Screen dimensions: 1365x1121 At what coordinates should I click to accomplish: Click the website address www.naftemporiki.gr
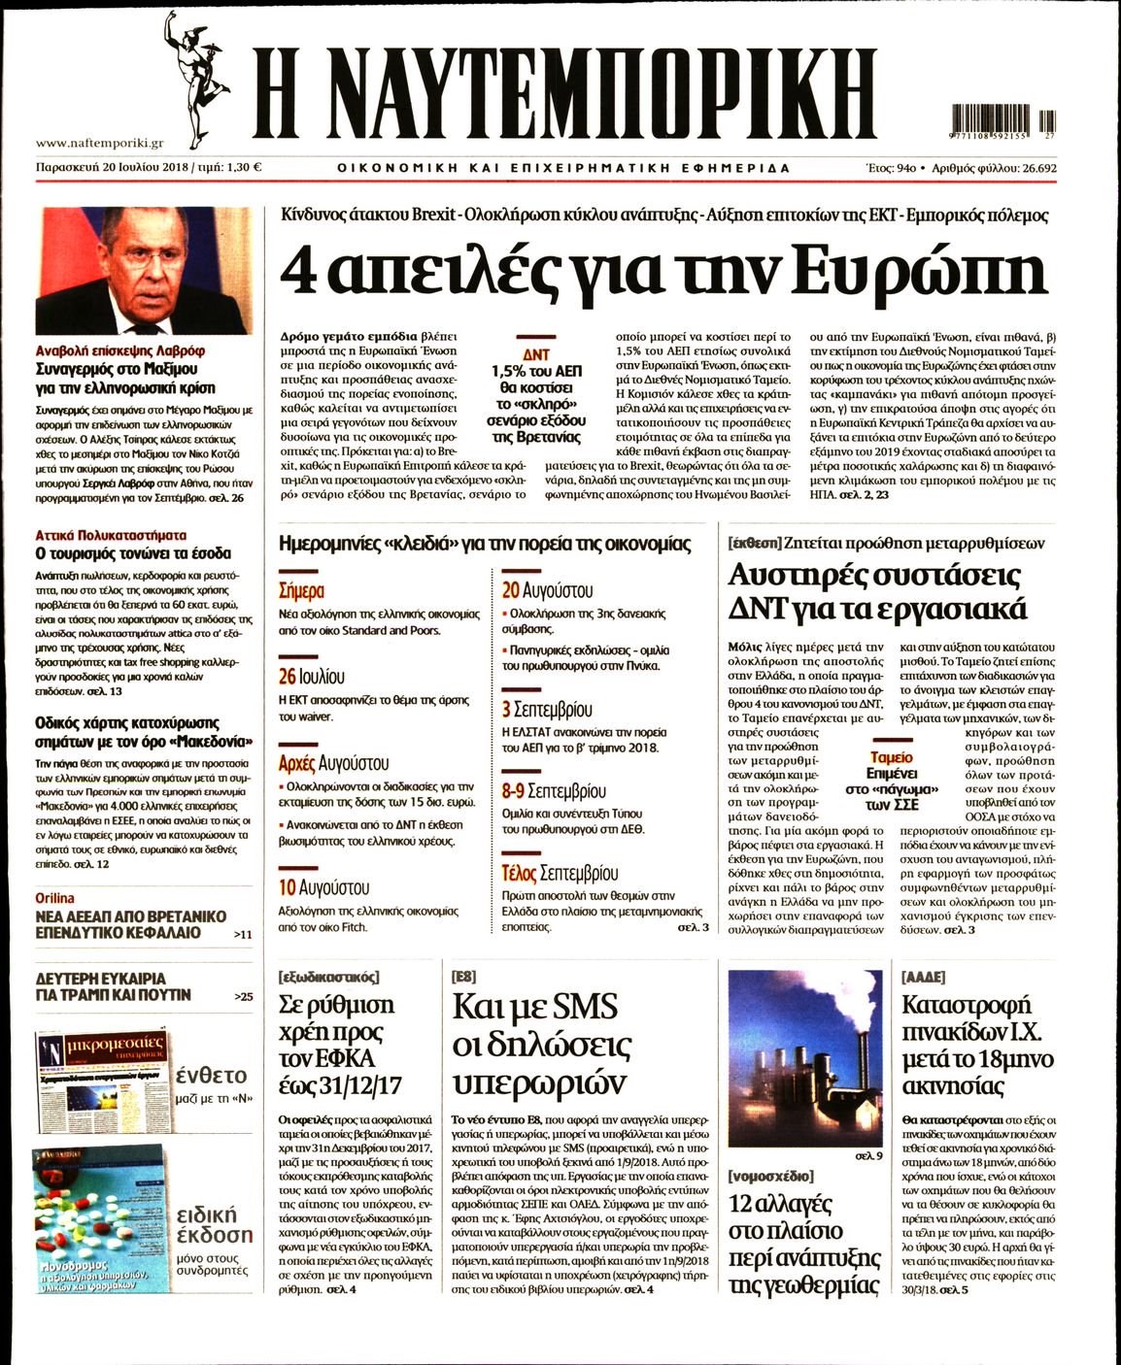[99, 143]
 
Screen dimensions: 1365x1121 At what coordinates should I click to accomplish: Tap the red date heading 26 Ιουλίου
[311, 677]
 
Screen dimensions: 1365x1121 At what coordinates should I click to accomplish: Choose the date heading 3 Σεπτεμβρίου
[547, 710]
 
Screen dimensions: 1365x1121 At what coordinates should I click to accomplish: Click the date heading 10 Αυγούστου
[323, 887]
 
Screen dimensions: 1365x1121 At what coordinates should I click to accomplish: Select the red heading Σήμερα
[301, 590]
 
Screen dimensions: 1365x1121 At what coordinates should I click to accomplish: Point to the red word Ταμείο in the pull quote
[892, 757]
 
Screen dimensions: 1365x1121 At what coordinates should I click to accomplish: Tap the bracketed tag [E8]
[464, 977]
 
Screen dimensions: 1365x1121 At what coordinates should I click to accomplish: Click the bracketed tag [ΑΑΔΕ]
[923, 977]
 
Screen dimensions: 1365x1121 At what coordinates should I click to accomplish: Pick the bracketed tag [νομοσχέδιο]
[770, 1177]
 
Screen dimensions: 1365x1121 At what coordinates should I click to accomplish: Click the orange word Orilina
[54, 898]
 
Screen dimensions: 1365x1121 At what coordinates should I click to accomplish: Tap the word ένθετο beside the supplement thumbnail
[212, 1075]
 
